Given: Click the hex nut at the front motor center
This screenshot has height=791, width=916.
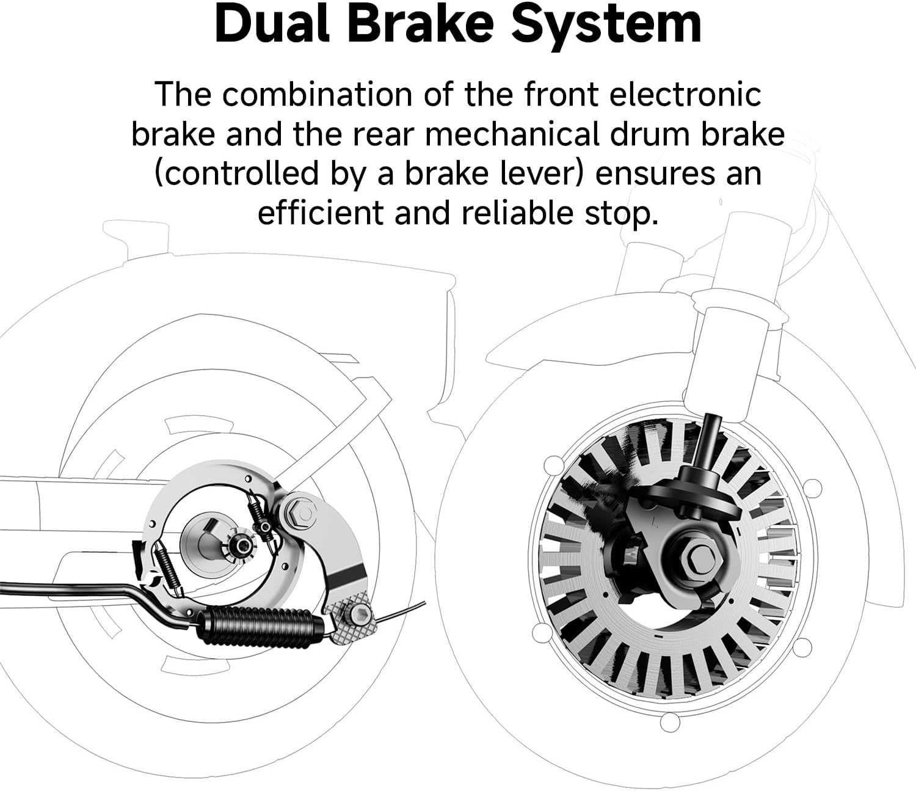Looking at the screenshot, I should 699,555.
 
